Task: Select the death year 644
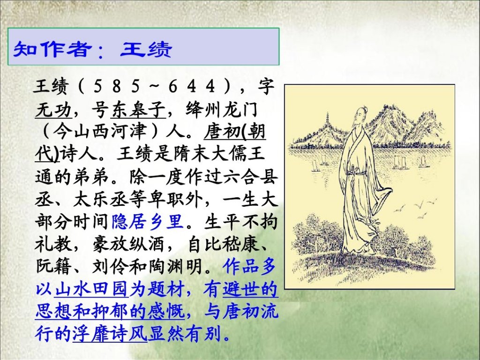(x=192, y=87)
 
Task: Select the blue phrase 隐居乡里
(x=148, y=221)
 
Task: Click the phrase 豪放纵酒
(x=128, y=244)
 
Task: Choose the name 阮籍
(x=53, y=266)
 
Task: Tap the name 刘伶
(x=110, y=266)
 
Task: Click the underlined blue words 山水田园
(x=91, y=289)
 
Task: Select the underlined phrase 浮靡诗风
(x=110, y=334)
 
